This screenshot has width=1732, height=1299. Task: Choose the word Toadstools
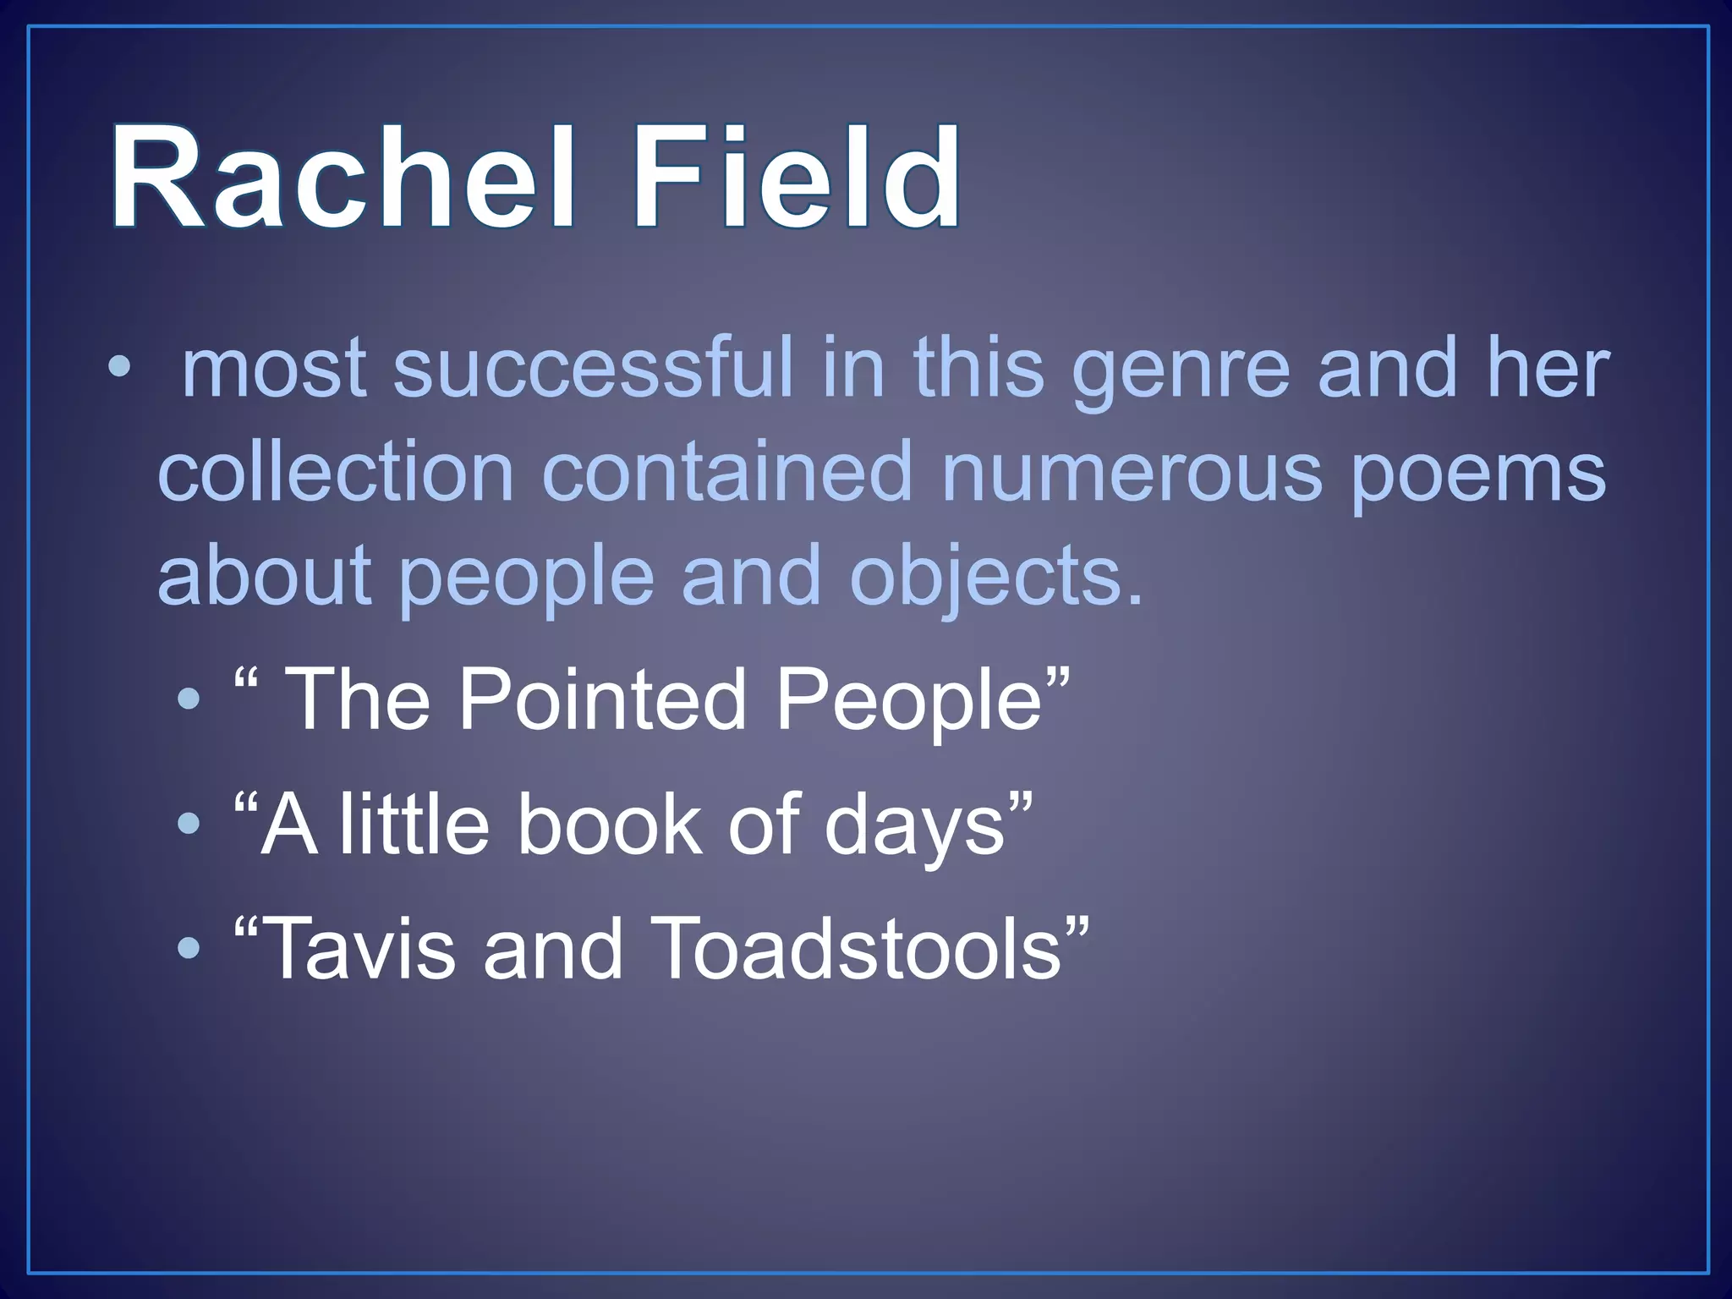(854, 949)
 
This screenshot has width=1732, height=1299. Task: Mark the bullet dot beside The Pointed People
(189, 699)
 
